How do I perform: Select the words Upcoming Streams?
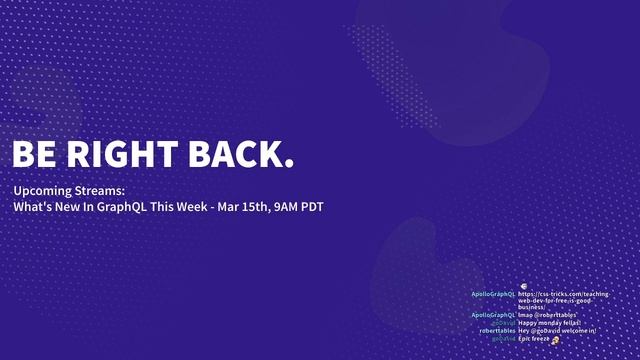pos(69,190)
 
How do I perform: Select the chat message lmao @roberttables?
pos(548,315)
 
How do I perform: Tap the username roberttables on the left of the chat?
pos(497,331)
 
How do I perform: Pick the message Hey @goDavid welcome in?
pos(557,331)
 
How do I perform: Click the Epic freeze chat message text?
pos(534,339)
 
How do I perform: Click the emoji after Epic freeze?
pos(555,340)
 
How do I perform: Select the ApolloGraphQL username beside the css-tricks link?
pos(493,294)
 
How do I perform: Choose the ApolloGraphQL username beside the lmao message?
pos(493,315)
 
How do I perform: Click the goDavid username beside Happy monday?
pos(503,323)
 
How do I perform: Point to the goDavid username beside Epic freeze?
pos(503,339)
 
